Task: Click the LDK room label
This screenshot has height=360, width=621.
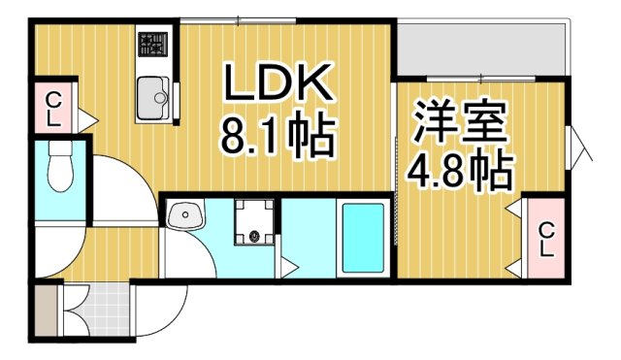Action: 279,85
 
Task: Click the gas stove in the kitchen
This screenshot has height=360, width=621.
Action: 152,45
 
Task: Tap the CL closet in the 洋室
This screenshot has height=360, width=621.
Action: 546,238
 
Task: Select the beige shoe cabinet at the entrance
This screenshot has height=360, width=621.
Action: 46,311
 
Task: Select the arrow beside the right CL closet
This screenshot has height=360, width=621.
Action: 514,211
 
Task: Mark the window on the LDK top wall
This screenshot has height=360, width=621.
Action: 238,19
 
